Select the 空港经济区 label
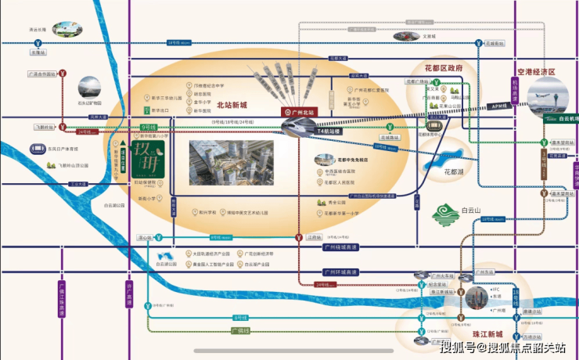point(530,72)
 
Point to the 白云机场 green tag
point(559,119)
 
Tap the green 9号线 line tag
point(148,126)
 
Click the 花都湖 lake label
point(446,172)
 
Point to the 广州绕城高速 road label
point(340,247)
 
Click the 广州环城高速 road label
point(340,272)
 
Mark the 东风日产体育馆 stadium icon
point(39,147)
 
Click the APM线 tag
point(498,106)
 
